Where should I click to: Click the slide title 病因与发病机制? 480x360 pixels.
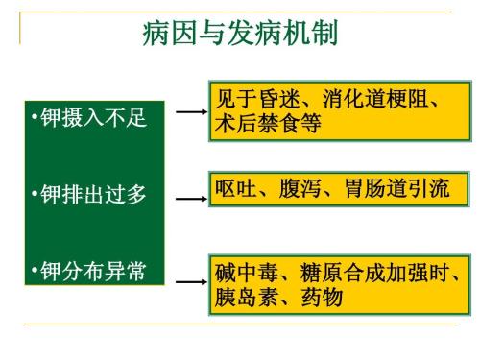pos(239,36)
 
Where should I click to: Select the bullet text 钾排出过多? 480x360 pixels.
pos(91,195)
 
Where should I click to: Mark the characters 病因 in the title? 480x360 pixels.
pos(163,36)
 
